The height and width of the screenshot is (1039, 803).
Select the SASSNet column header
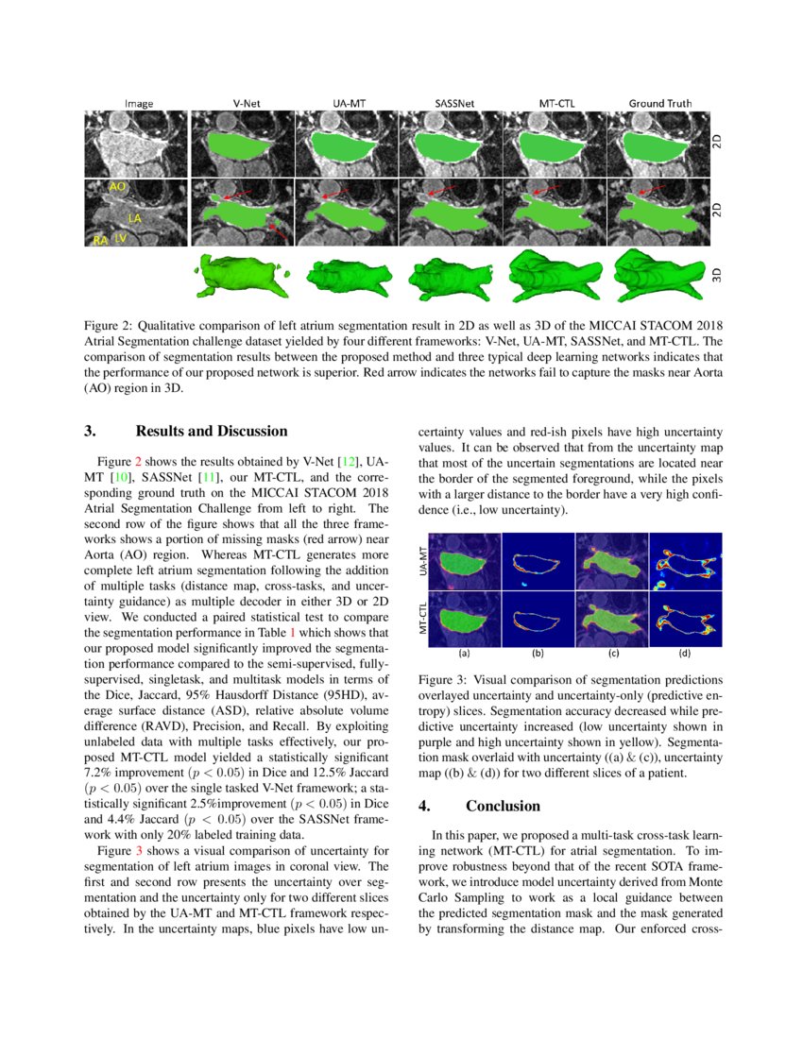pos(452,103)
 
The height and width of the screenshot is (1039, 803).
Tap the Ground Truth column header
pos(660,103)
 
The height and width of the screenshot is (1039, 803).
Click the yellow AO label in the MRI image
pos(118,188)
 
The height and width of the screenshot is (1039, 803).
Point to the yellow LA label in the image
pos(135,218)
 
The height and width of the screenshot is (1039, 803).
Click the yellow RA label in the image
pos(99,242)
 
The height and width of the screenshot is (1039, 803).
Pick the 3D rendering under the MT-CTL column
pos(555,273)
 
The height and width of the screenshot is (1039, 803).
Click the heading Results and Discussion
pos(211,432)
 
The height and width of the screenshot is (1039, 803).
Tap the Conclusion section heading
pos(503,806)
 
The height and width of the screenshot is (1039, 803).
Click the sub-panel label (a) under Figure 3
pos(464,653)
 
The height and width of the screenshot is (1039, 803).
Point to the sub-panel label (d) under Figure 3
pos(685,653)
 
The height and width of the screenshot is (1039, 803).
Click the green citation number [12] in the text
pos(350,460)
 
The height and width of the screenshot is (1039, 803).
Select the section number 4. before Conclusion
pos(425,806)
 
